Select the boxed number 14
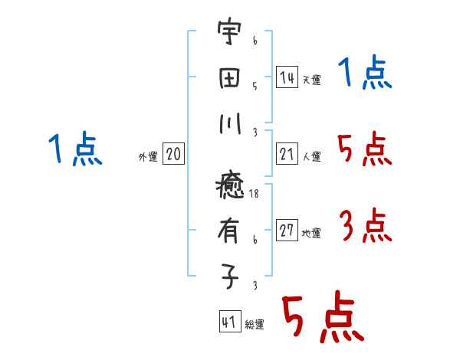click(287, 77)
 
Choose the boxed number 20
click(173, 155)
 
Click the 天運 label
click(311, 80)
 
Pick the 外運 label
click(148, 157)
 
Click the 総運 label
click(255, 325)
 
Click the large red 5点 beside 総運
click(322, 318)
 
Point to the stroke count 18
click(255, 195)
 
